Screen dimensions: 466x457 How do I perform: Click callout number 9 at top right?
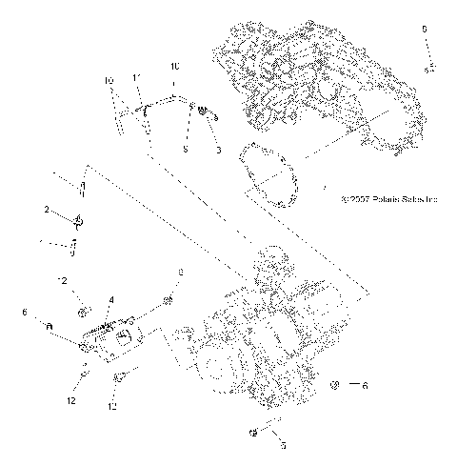click(425, 30)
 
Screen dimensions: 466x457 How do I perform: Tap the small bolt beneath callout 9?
click(429, 67)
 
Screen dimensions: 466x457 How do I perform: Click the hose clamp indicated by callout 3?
click(205, 113)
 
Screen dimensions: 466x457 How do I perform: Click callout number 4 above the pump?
click(110, 300)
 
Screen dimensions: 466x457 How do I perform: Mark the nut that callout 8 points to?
click(168, 301)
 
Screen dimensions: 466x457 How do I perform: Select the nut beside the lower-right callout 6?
click(335, 386)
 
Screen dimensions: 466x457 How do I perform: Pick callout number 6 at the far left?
click(24, 312)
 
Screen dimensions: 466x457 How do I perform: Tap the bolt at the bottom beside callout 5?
click(251, 434)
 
